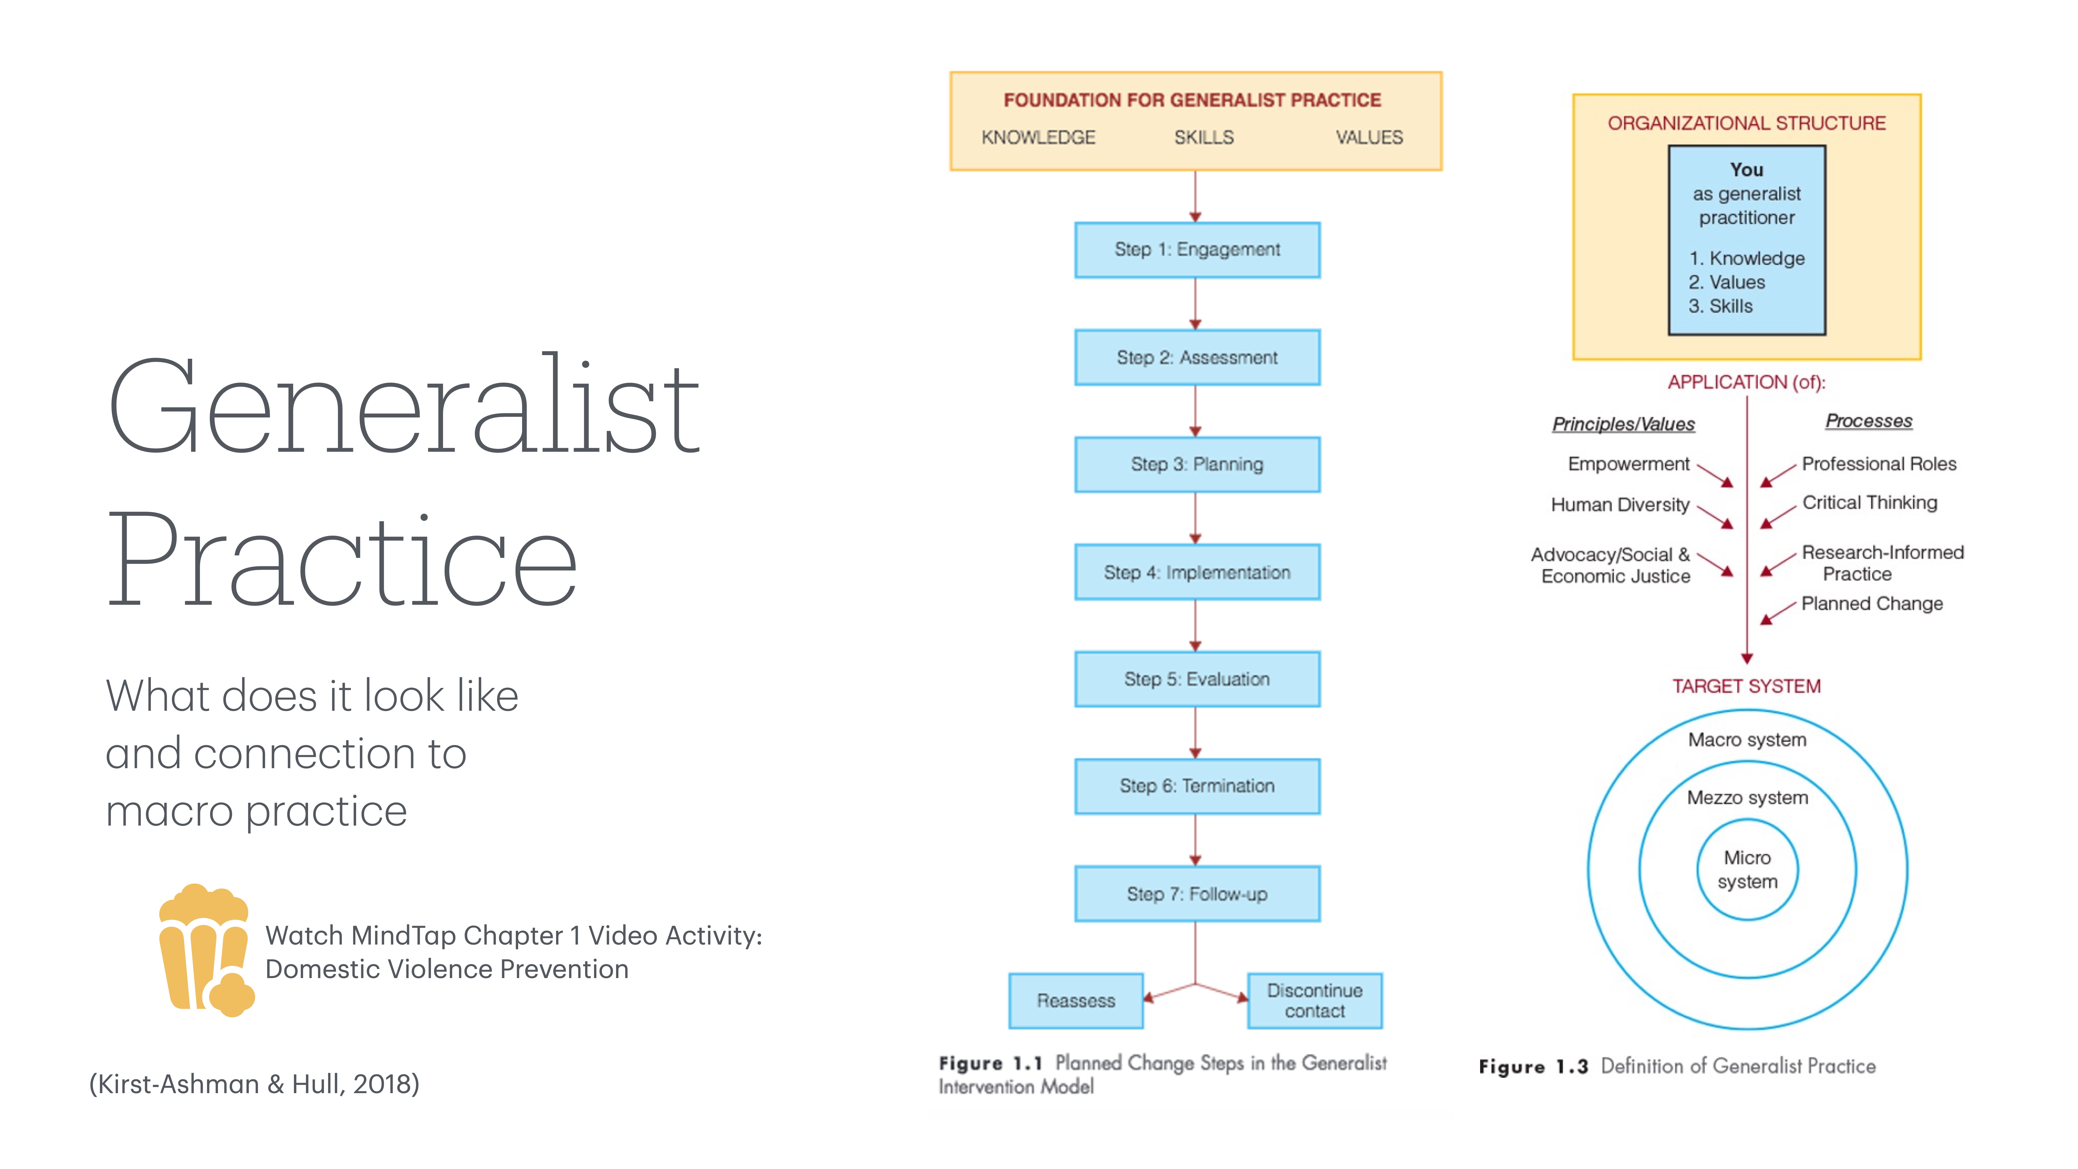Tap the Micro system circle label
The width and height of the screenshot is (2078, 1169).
[x=1747, y=870]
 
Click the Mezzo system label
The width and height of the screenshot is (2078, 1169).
[x=1747, y=798]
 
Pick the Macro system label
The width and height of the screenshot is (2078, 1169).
[x=1747, y=740]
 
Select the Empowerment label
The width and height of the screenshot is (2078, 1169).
[x=1628, y=464]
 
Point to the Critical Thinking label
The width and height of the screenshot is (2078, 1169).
[x=1869, y=503]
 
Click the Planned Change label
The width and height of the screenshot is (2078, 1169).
[x=1872, y=603]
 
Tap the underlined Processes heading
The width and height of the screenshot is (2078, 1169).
[x=1868, y=421]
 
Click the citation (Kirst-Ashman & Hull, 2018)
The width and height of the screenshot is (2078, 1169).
[x=254, y=1084]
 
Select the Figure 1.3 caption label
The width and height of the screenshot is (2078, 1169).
[x=1533, y=1067]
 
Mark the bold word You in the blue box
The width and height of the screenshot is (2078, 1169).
[x=1746, y=169]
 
